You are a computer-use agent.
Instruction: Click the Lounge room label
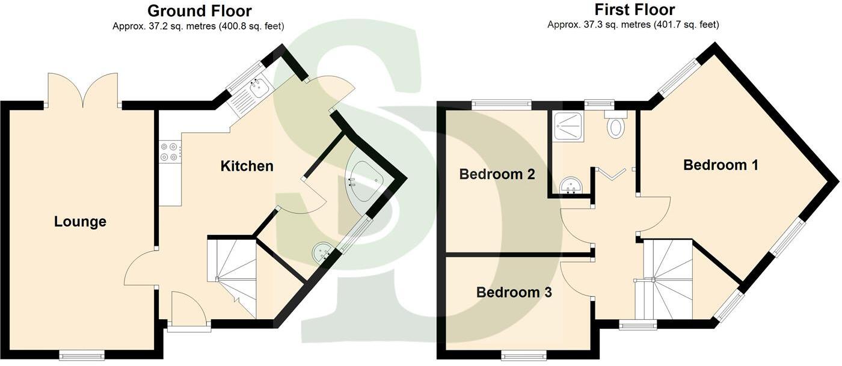80,222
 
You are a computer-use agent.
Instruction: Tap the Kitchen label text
247,166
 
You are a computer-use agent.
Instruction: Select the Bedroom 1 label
721,165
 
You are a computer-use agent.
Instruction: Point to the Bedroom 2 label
497,174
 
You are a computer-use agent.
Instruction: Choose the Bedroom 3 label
514,293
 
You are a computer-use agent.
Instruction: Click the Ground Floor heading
199,11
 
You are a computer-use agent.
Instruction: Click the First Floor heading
634,10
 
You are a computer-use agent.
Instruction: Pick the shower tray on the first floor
568,127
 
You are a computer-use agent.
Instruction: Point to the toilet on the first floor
616,126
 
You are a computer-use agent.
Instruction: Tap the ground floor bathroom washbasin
324,249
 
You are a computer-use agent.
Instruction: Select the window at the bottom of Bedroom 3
523,356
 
